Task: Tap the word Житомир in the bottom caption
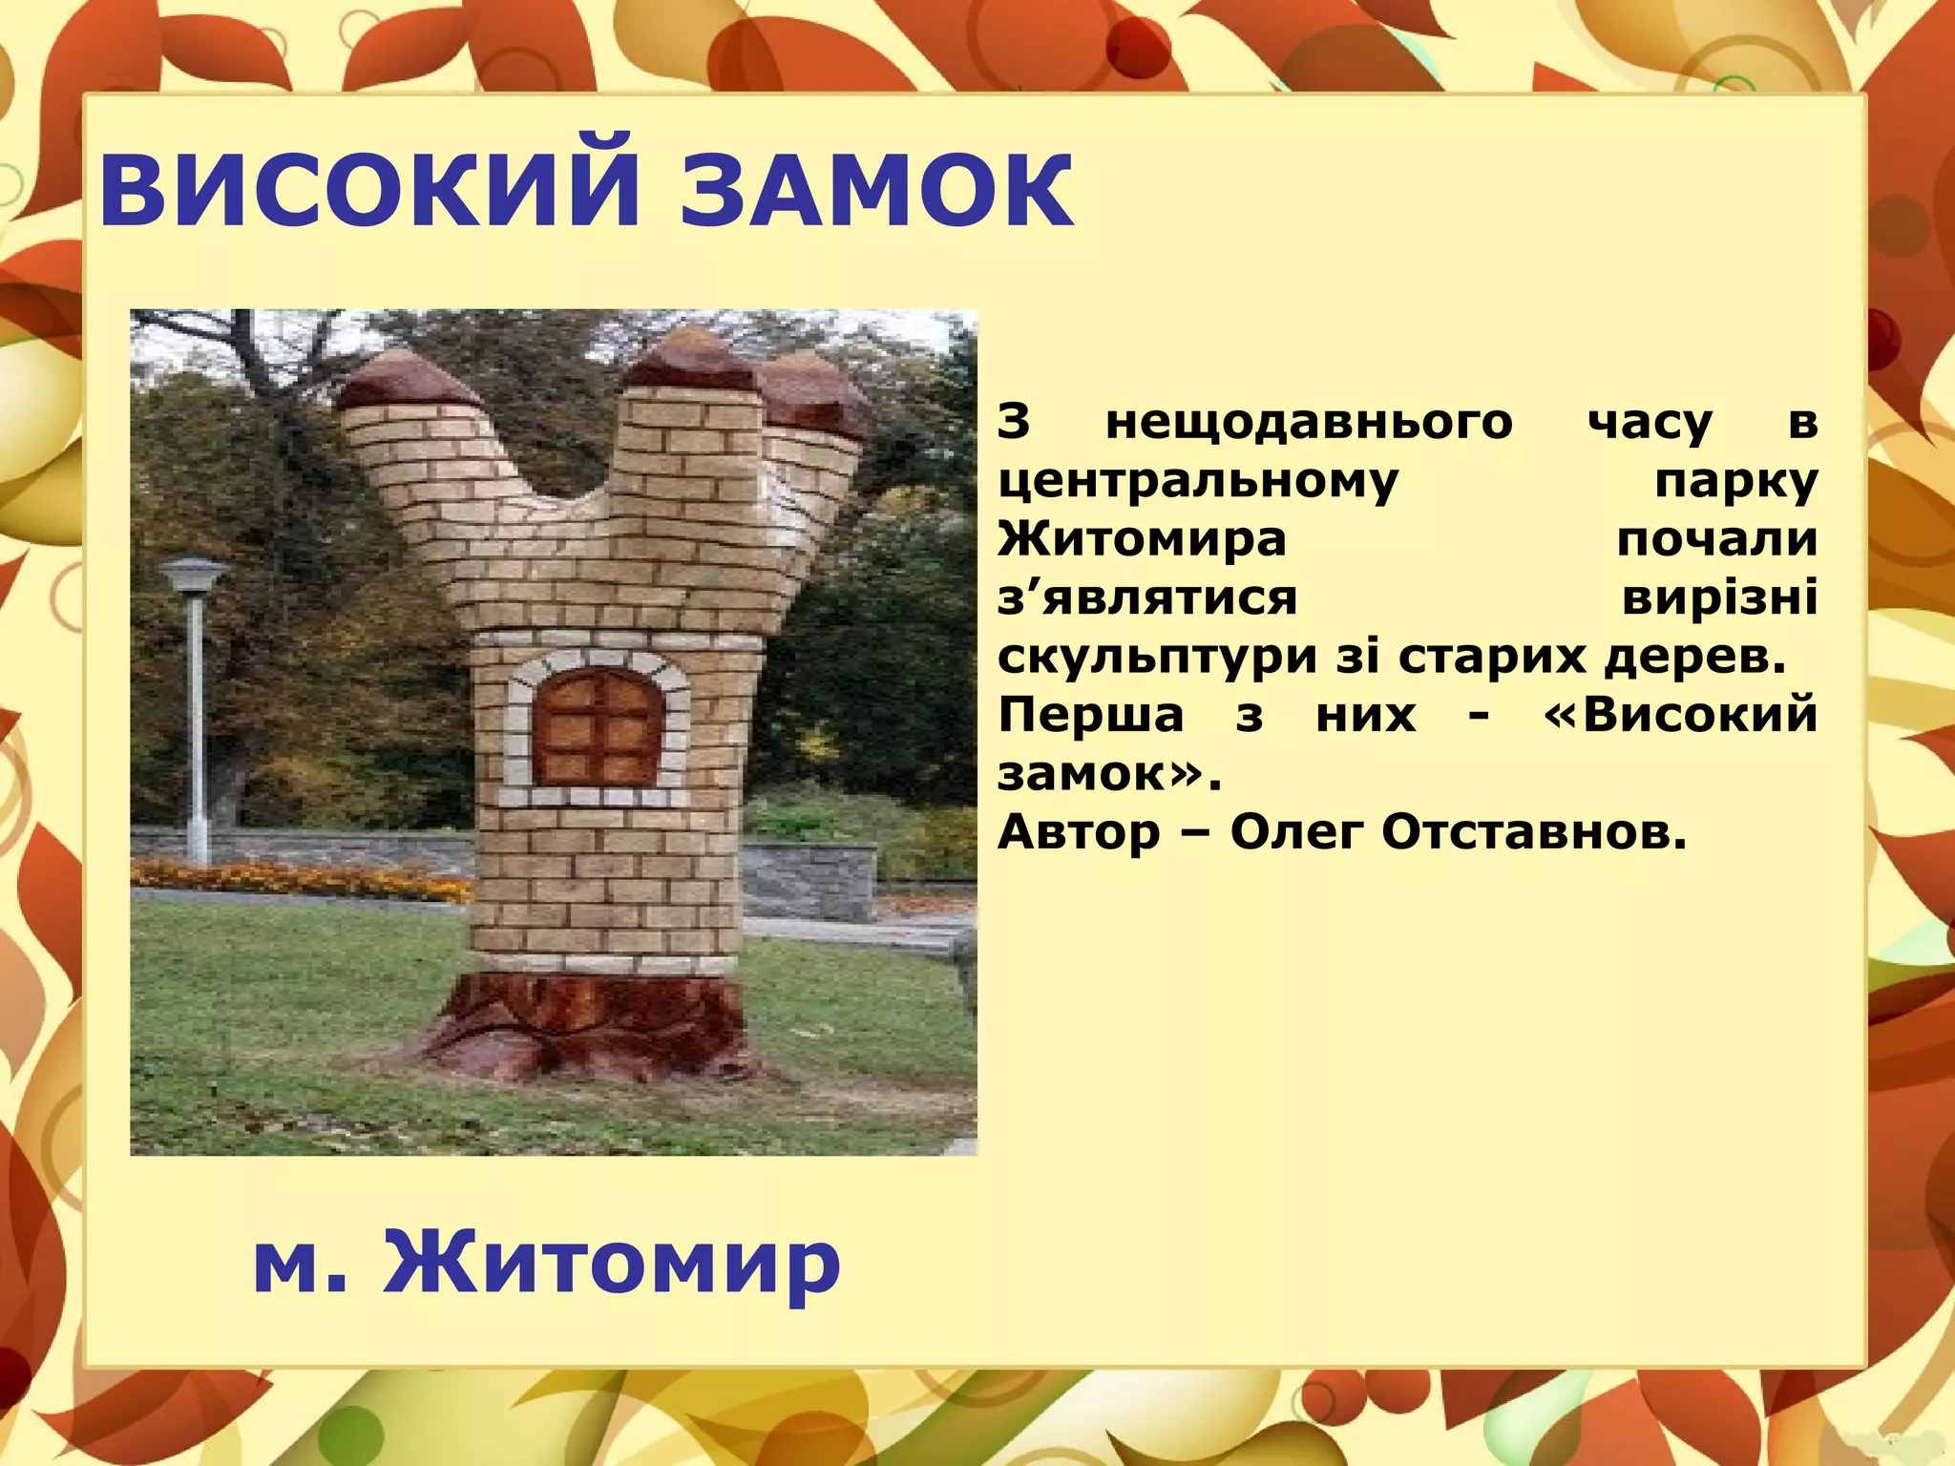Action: [x=611, y=1262]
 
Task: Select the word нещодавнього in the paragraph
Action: [x=1309, y=423]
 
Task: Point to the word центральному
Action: [x=1198, y=482]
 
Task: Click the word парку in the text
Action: [x=1735, y=482]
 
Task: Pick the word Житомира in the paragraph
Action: [x=1142, y=539]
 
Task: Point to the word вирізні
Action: [x=1719, y=598]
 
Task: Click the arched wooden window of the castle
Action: [x=598, y=726]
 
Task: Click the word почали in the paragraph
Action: [x=1716, y=539]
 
